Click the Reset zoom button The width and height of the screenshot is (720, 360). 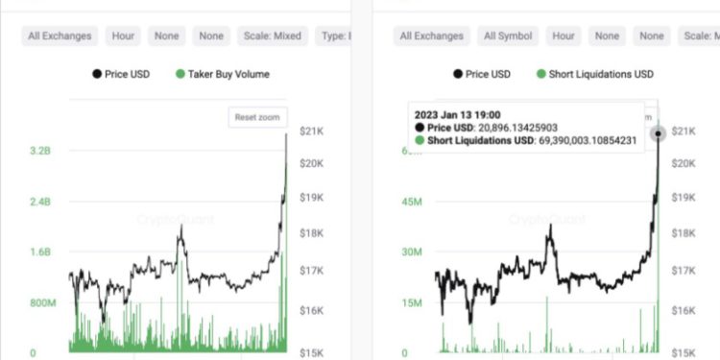(x=258, y=117)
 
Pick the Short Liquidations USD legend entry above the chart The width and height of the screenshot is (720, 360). (x=599, y=74)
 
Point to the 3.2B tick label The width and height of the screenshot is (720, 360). (x=39, y=151)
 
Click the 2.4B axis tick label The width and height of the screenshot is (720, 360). (x=39, y=202)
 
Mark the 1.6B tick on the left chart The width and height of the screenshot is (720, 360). (x=39, y=252)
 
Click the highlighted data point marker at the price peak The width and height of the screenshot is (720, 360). (x=659, y=133)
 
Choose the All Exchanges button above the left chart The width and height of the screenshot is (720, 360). (x=60, y=36)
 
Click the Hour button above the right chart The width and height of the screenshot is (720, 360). (x=562, y=36)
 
